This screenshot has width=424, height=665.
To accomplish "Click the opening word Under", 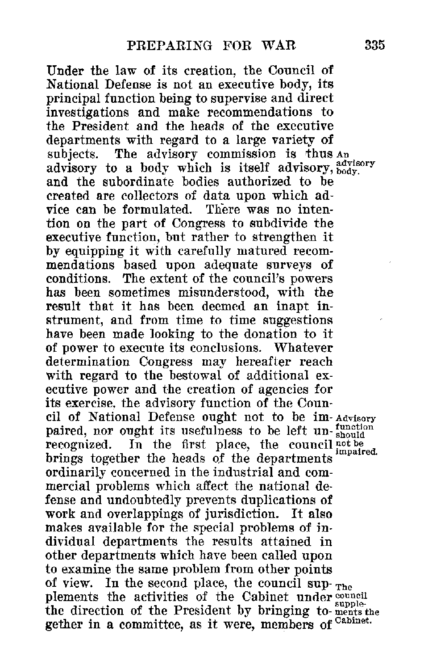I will [x=65, y=71].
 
